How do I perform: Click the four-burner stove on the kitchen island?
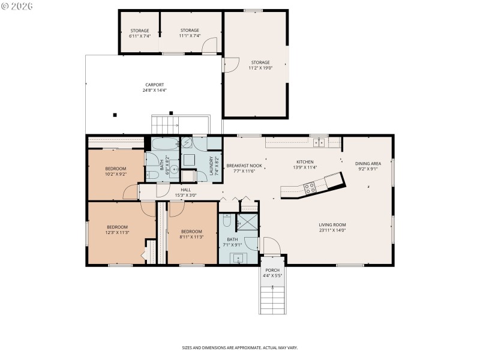(x=311, y=187)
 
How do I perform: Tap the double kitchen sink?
(x=319, y=143)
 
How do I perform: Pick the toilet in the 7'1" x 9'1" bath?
(x=226, y=221)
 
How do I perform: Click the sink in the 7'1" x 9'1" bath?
(x=239, y=259)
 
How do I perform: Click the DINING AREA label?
(x=368, y=163)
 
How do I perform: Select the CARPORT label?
(x=154, y=85)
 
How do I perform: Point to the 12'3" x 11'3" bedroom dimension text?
(x=118, y=232)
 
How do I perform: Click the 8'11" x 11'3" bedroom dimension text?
(x=192, y=236)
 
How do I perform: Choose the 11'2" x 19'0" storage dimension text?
(x=260, y=68)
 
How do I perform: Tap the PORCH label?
(x=272, y=270)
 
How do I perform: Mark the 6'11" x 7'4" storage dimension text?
(x=139, y=36)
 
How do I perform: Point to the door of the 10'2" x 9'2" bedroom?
(x=130, y=193)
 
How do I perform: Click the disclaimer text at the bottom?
(x=240, y=347)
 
